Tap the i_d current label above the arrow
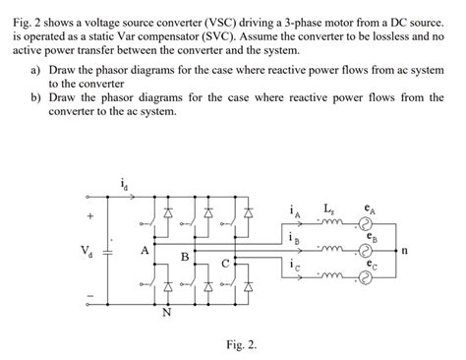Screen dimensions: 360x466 tap(122, 183)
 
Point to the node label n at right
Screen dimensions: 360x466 tap(417, 251)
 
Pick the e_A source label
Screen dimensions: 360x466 tap(368, 209)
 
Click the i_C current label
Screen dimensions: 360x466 tap(296, 266)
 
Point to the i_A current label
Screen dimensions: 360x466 tap(296, 210)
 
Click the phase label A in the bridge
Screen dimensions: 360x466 tap(145, 250)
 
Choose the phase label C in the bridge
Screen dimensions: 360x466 tap(225, 264)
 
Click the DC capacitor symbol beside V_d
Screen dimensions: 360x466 tap(109, 251)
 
